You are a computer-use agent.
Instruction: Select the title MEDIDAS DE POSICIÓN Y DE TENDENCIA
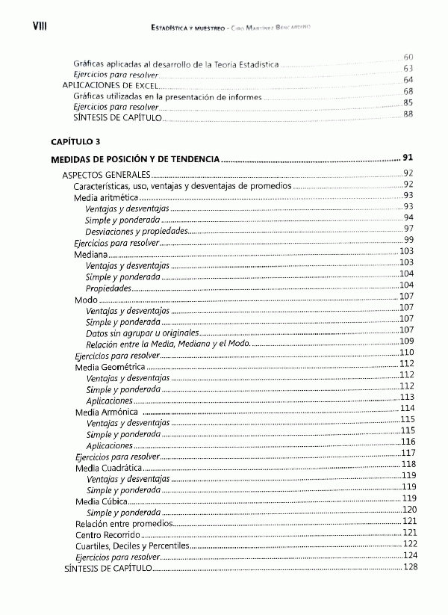click(x=135, y=159)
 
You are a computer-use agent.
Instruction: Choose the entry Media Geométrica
click(x=110, y=367)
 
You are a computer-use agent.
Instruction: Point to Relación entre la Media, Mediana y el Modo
click(x=168, y=344)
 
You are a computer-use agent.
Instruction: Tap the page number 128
click(x=408, y=568)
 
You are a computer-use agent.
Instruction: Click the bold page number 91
click(x=408, y=158)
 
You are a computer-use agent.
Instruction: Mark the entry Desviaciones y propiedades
click(x=137, y=231)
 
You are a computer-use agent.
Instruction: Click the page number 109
click(x=407, y=342)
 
